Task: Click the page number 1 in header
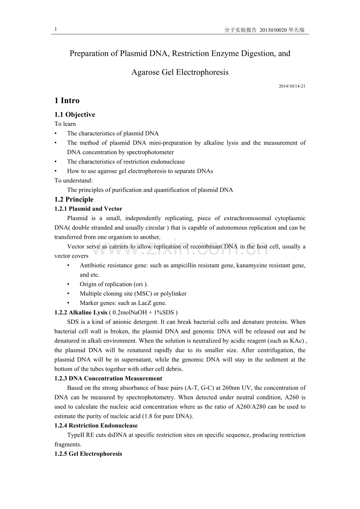[56, 29]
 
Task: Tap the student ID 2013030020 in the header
[273, 30]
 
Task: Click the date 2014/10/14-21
[292, 86]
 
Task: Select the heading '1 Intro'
[67, 101]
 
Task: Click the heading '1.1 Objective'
[75, 115]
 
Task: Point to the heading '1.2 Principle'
[74, 199]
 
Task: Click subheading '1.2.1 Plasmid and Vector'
[88, 209]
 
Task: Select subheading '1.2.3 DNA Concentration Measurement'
[108, 378]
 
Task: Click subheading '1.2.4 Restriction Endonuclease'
[96, 425]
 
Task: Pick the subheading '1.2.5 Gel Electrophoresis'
[88, 454]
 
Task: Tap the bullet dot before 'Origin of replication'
[68, 284]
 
